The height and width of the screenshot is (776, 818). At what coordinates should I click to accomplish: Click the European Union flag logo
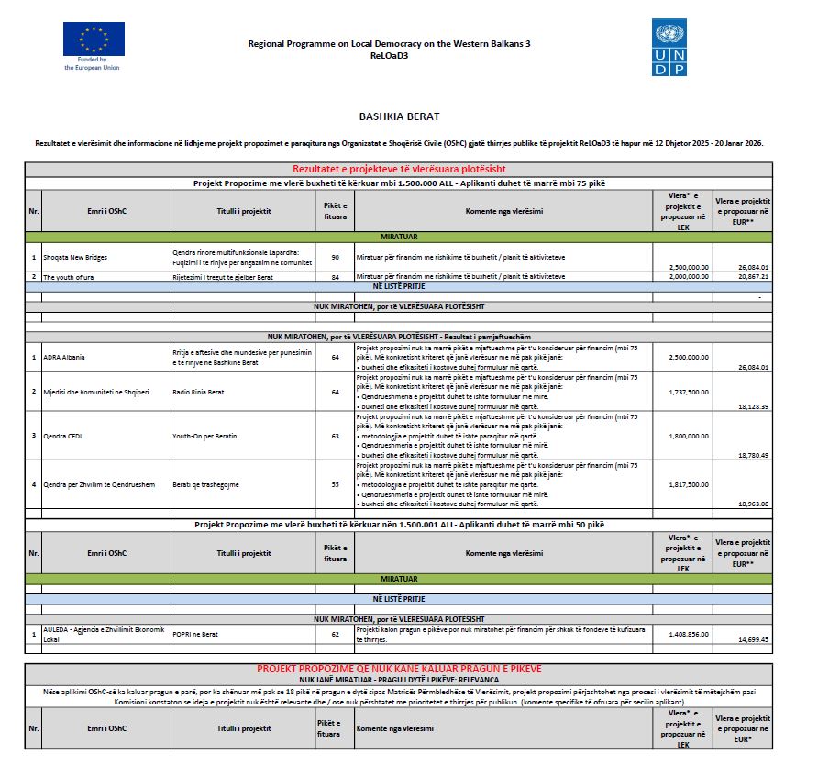tap(94, 39)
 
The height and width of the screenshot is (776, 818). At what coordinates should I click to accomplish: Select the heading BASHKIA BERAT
tap(399, 116)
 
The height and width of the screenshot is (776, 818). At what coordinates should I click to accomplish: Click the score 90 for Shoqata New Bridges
tap(335, 258)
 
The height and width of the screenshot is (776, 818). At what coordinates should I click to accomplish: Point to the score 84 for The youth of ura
tap(335, 276)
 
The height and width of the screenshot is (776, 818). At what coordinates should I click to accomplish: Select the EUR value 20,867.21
tap(753, 276)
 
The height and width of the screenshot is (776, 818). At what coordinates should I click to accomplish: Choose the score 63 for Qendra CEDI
tap(335, 436)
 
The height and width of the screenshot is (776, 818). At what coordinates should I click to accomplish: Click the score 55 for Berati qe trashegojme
tap(335, 484)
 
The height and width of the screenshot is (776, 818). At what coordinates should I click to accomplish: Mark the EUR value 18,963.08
tap(753, 504)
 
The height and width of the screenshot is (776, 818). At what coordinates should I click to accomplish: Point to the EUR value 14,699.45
tap(753, 639)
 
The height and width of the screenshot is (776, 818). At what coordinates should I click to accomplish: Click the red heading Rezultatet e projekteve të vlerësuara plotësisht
tap(399, 169)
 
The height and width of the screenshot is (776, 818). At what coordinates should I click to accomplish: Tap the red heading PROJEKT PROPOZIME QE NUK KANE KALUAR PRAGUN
tap(399, 669)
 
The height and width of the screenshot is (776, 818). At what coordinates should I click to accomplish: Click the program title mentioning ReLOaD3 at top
tap(389, 49)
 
